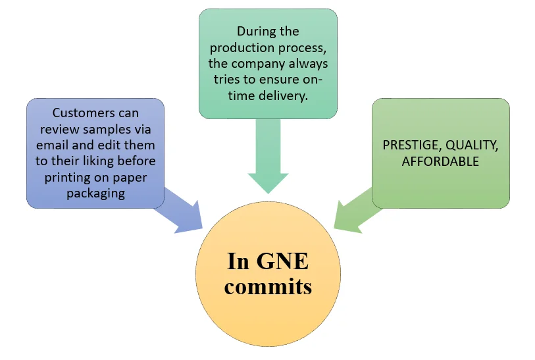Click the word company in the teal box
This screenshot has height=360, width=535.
pos(268,64)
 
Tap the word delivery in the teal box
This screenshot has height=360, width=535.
pos(287,97)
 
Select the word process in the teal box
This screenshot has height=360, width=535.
pos(303,47)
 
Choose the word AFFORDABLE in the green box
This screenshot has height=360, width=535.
pos(440,161)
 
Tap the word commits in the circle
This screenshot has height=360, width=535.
pos(268,286)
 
